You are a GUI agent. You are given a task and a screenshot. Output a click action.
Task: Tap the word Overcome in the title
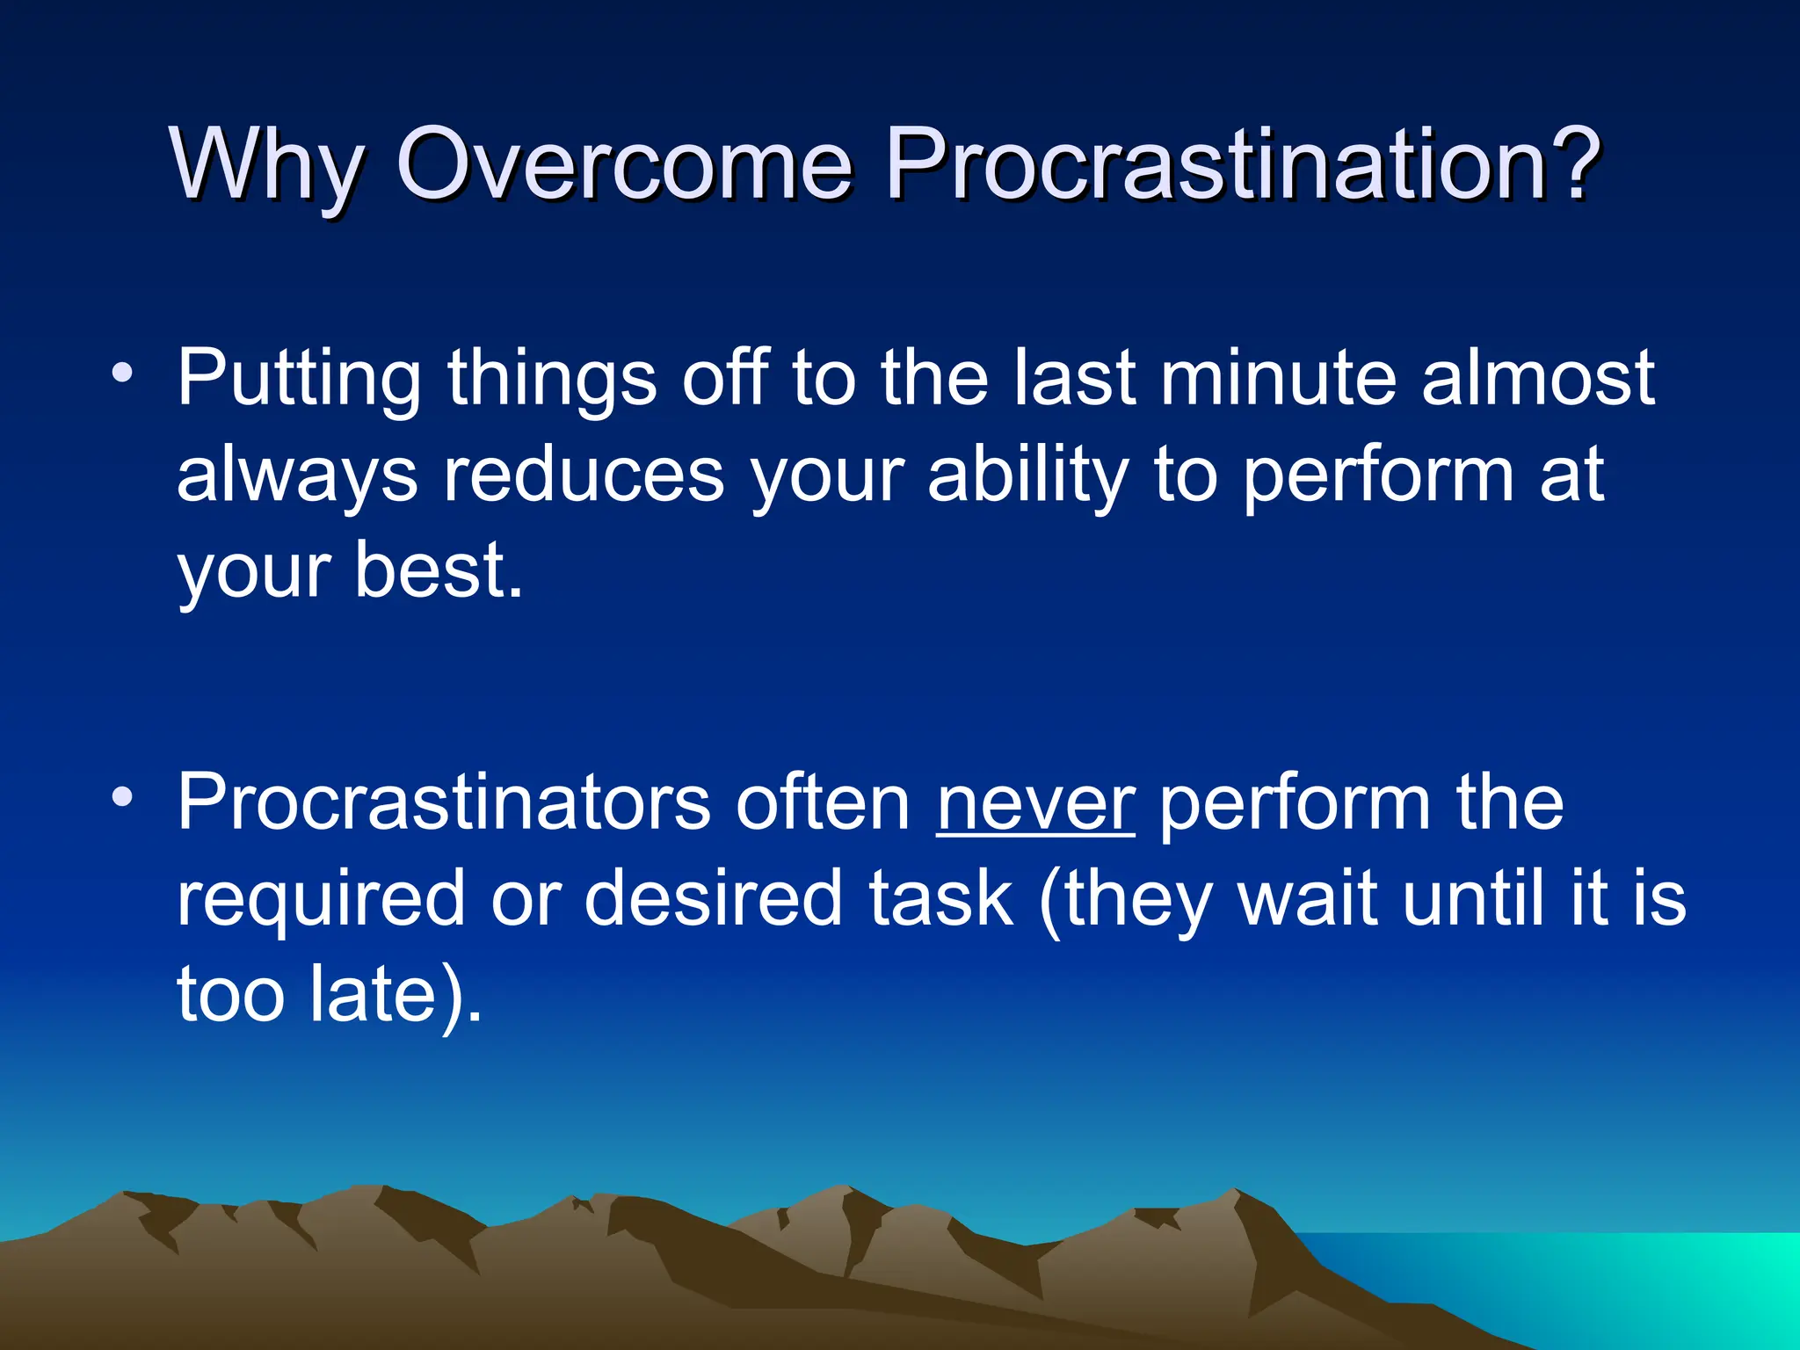pos(624,163)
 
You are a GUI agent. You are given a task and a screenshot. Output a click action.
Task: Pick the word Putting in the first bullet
pos(299,380)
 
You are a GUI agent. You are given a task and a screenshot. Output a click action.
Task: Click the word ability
pos(1028,476)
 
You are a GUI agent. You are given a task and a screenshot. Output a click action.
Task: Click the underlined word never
pos(1035,803)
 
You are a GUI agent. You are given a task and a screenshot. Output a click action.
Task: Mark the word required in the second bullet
pos(321,902)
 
